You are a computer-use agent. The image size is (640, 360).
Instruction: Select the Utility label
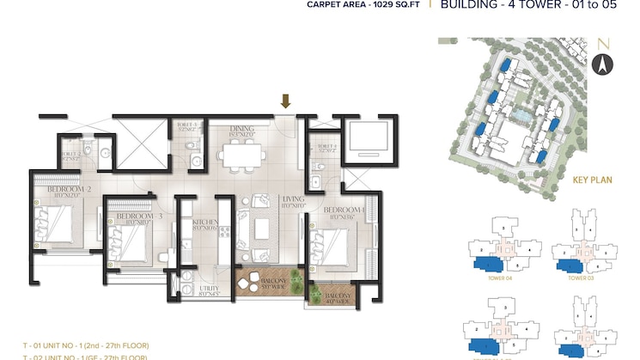point(209,290)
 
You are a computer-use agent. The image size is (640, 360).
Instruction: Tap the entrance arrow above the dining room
point(286,101)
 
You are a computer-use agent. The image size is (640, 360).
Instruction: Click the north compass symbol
point(602,62)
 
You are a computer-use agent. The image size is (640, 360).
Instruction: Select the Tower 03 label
point(581,278)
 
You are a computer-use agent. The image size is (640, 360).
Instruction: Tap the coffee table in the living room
point(265,229)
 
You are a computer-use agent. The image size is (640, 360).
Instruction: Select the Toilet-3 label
point(188,125)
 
